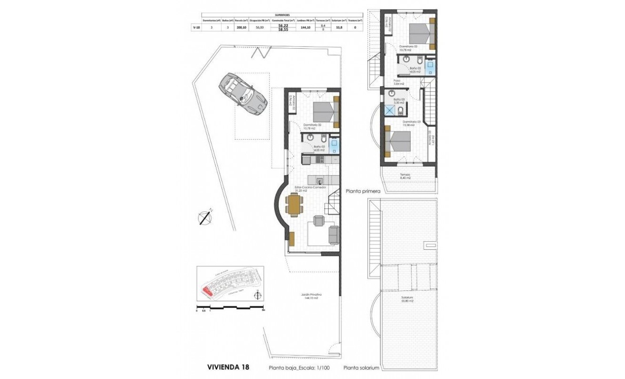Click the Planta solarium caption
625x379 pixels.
pyautogui.click(x=362, y=367)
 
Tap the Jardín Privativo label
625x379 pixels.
pyautogui.click(x=308, y=296)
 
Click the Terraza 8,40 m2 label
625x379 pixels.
pyautogui.click(x=404, y=176)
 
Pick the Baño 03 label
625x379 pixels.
pyautogui.click(x=399, y=100)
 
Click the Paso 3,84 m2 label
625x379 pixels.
pyautogui.click(x=397, y=82)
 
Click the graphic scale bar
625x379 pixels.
pyautogui.click(x=230, y=308)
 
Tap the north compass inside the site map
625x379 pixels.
pyautogui.click(x=257, y=296)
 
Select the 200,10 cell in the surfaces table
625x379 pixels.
pyautogui.click(x=241, y=27)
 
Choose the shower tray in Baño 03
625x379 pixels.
pyautogui.click(x=390, y=110)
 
